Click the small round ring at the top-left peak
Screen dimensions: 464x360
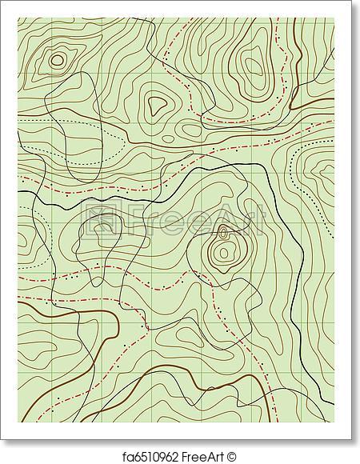click(x=57, y=58)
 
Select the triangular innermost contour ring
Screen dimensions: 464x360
click(x=154, y=102)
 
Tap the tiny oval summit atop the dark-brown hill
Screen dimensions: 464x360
click(x=223, y=233)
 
